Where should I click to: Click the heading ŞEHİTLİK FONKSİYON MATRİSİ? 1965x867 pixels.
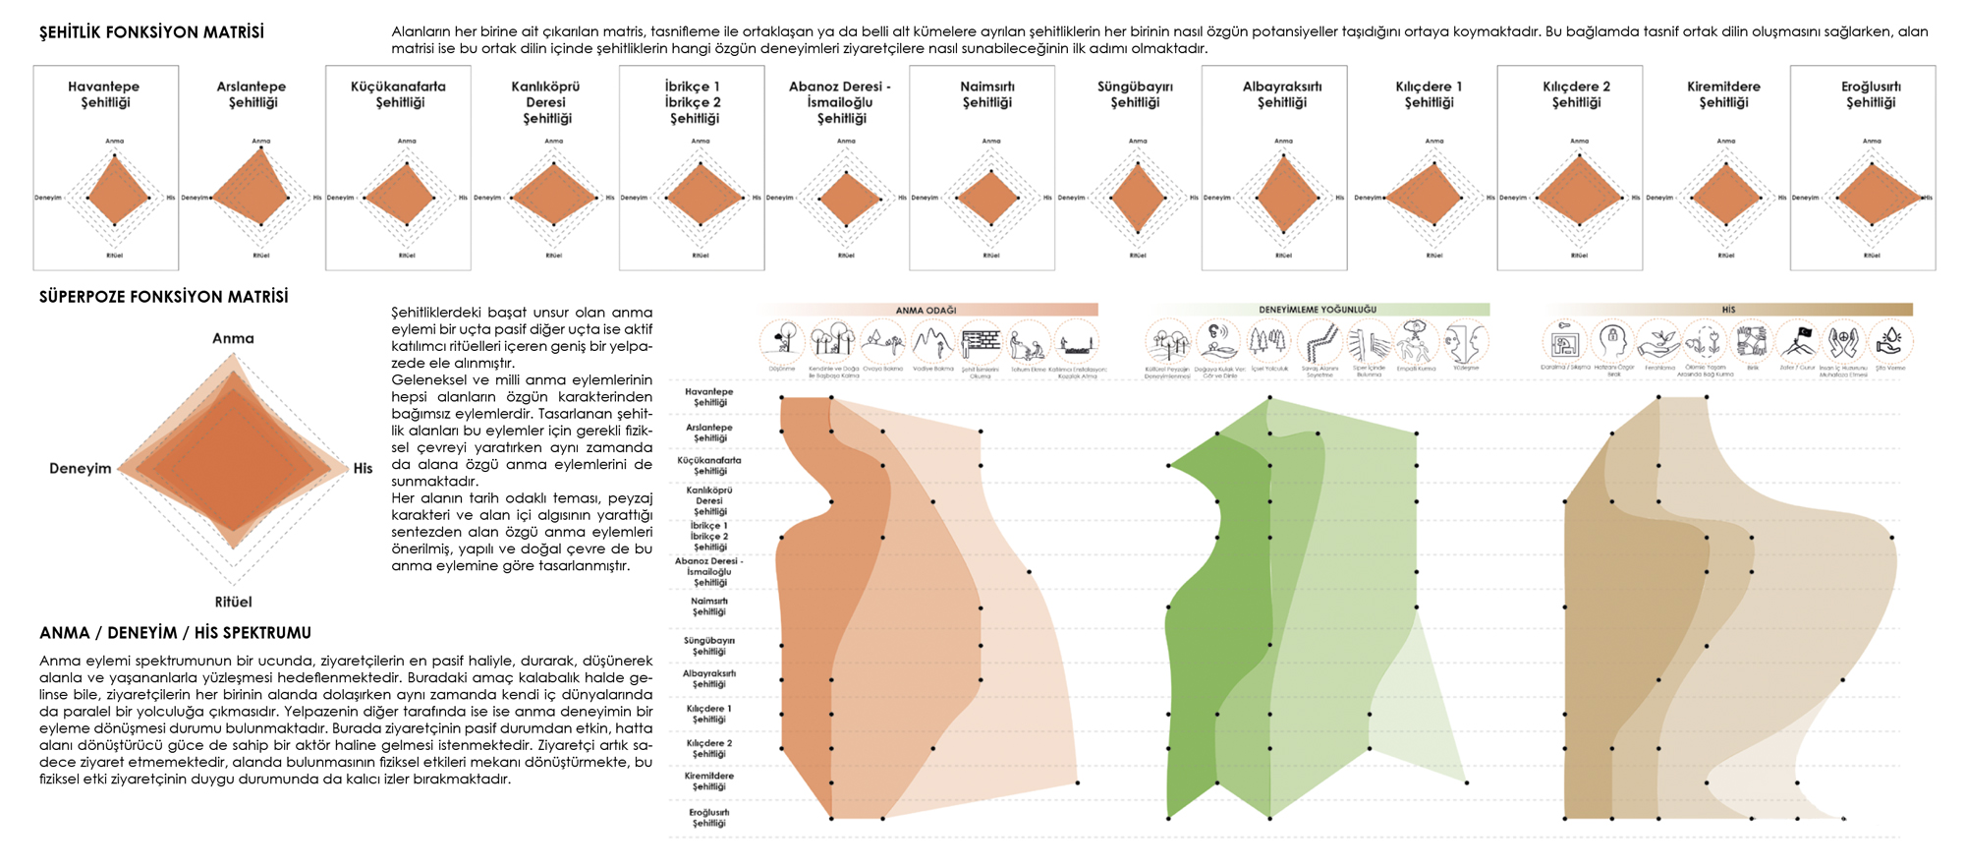point(151,32)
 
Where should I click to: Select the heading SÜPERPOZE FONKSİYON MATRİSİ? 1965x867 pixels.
point(163,297)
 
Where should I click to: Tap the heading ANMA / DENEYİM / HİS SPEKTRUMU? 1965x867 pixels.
point(175,633)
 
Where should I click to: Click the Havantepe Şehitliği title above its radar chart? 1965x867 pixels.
point(104,94)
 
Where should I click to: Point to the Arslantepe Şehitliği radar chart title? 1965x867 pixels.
point(252,94)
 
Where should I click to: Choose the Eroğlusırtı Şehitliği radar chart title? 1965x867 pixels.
point(1871,94)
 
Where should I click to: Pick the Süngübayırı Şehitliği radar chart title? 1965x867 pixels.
point(1135,94)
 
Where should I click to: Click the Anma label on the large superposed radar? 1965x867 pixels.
point(233,338)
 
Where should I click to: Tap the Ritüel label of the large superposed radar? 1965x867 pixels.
point(233,602)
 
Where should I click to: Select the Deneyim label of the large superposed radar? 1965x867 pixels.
point(81,468)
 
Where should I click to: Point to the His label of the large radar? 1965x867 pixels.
point(363,468)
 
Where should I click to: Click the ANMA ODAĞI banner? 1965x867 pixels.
point(926,310)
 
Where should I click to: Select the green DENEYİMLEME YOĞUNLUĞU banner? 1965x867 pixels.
point(1317,310)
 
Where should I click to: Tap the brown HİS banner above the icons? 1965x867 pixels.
point(1728,310)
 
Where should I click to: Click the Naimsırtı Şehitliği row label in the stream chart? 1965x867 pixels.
point(709,607)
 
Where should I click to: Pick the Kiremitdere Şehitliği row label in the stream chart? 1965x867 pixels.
point(709,781)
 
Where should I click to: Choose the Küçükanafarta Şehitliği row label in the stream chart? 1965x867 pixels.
point(709,465)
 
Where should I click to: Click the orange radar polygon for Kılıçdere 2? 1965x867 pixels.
point(1578,193)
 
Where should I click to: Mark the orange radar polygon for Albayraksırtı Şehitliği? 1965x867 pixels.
point(1284,194)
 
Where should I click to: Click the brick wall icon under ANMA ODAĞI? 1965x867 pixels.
point(980,343)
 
